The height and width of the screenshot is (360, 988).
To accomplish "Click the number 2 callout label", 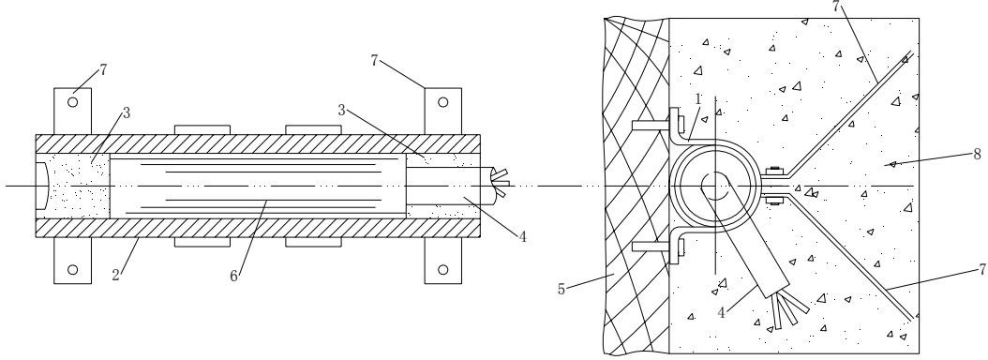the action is pos(116,275).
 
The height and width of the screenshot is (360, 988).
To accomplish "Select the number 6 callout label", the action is pos(233,277).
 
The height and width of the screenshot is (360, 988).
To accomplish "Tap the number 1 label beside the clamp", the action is pos(698,99).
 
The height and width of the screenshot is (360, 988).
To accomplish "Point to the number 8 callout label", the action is pos(977,154).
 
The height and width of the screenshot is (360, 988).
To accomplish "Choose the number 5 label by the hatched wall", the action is pos(561,290).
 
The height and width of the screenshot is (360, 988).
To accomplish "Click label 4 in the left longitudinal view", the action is pos(522,237).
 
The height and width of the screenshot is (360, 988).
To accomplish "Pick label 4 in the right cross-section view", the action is pos(722,313).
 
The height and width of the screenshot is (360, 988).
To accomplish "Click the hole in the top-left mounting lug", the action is pos(72,101).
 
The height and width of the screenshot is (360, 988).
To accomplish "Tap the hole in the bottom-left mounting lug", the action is pos(72,270).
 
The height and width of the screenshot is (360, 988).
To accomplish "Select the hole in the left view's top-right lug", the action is pos(443,101).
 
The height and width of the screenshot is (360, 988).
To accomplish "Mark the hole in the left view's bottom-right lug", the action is pos(443,270).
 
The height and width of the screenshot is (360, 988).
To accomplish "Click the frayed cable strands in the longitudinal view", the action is pos(500,183).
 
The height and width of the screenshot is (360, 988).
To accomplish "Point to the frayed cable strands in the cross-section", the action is pos(789,309).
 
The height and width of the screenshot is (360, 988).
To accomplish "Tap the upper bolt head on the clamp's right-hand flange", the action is pos(773,171).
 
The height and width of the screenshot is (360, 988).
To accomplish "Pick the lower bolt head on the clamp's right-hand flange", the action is pos(773,201).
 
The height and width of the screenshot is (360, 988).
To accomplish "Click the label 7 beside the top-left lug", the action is pos(103,69).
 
